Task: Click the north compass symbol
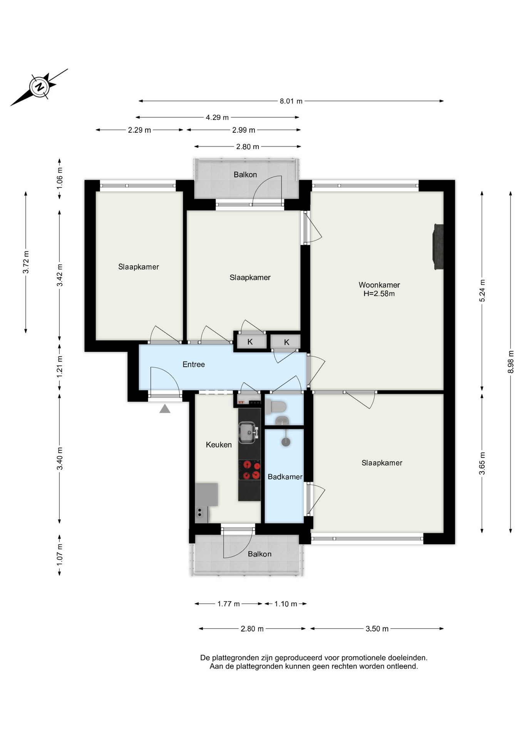(x=39, y=87)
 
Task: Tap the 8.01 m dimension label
(x=291, y=101)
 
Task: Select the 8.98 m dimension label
(x=511, y=362)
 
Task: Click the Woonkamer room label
(x=379, y=285)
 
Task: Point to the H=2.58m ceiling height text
(x=379, y=294)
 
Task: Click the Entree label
(x=194, y=364)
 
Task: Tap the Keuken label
(x=219, y=445)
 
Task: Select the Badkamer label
(x=285, y=477)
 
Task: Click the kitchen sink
(x=248, y=433)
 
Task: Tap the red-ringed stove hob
(x=250, y=470)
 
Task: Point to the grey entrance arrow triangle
(x=165, y=408)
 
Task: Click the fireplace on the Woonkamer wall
(x=439, y=247)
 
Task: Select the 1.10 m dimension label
(x=286, y=604)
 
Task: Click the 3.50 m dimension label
(x=377, y=629)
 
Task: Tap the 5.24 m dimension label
(x=482, y=291)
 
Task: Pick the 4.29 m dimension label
(x=217, y=117)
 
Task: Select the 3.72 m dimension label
(x=26, y=262)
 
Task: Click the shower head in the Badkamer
(x=286, y=442)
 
